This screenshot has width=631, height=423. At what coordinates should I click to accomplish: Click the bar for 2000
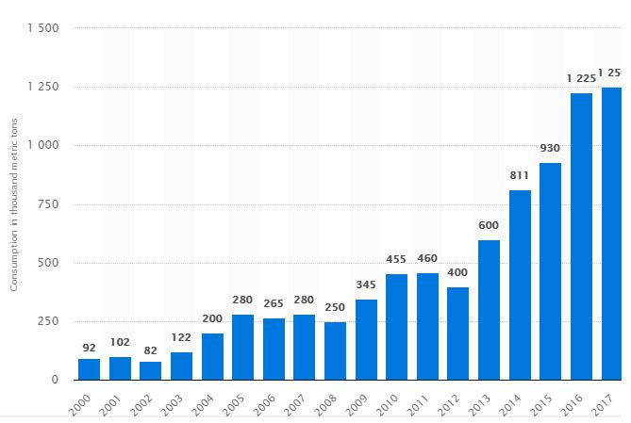tap(89, 369)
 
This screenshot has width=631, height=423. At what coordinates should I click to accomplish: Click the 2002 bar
tap(150, 370)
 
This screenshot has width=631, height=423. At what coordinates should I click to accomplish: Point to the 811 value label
tap(520, 175)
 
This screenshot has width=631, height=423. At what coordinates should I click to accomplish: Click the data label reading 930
tap(550, 149)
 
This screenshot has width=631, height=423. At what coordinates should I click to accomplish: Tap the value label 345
tap(366, 285)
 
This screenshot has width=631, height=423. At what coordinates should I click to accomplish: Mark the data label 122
tap(181, 337)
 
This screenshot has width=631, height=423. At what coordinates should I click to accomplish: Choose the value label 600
tap(489, 225)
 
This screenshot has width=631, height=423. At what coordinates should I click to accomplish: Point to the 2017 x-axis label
tap(606, 401)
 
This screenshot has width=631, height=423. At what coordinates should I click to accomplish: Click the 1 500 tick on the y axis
tap(43, 28)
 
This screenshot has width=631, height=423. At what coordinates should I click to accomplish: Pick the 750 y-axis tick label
tap(48, 204)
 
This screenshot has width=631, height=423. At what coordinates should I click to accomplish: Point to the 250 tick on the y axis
tap(48, 322)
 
